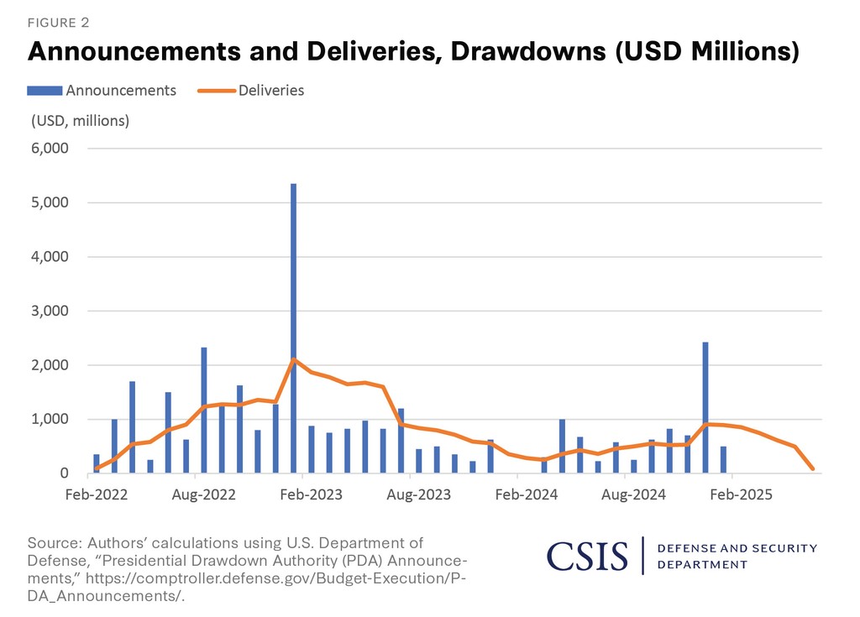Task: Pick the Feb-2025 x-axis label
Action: [743, 494]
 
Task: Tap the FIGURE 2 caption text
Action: [59, 22]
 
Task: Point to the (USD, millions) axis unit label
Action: [80, 120]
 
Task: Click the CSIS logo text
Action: [587, 556]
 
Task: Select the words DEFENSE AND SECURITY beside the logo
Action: [737, 548]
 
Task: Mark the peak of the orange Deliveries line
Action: [293, 359]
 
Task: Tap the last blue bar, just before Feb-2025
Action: [723, 459]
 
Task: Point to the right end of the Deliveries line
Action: [813, 468]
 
